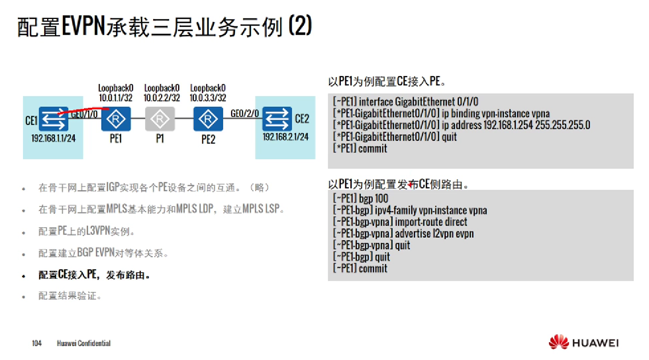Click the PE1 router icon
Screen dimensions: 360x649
point(116,119)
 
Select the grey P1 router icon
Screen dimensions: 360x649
point(160,119)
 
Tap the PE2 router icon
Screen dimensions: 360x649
point(208,119)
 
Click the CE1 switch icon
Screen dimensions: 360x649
point(53,119)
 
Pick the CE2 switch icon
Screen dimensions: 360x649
point(277,119)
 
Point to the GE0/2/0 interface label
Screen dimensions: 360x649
point(245,113)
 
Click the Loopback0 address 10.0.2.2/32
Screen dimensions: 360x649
point(162,98)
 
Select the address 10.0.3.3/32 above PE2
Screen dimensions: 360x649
point(208,98)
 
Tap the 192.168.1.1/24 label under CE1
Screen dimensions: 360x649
point(53,139)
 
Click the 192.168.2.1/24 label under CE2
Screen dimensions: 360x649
point(286,137)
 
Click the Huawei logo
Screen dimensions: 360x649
point(583,342)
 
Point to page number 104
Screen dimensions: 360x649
point(37,343)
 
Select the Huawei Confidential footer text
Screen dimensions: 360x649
point(83,343)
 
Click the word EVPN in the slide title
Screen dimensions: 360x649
point(83,26)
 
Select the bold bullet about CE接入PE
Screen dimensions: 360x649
point(94,275)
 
